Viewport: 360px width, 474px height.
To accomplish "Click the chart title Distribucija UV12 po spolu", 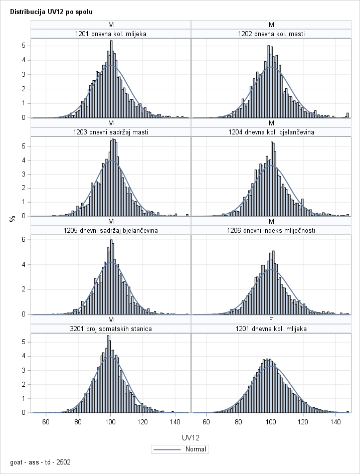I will (51, 11).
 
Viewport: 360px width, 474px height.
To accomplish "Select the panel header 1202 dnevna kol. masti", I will (271, 34).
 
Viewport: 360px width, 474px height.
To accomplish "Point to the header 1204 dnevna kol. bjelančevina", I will (271, 132).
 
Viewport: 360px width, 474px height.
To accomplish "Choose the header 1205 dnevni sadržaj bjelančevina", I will (111, 231).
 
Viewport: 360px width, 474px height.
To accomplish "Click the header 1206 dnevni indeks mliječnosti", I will (271, 231).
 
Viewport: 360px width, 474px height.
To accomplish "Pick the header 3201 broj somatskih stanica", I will (111, 329).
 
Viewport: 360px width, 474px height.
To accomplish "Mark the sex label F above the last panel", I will (271, 320).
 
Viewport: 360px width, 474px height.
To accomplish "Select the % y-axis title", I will (11, 219).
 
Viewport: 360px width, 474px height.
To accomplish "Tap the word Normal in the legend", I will (195, 449).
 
